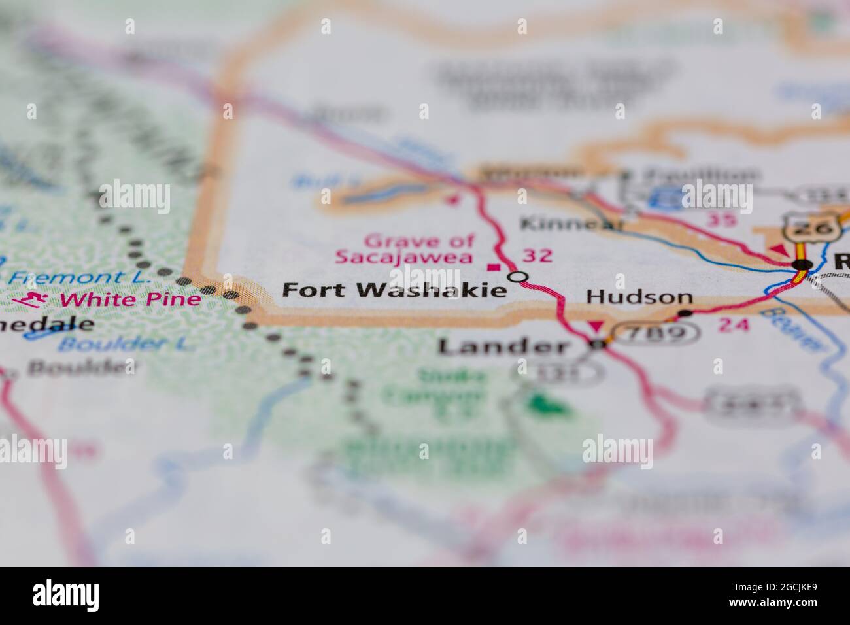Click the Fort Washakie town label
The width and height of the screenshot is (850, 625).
(x=394, y=290)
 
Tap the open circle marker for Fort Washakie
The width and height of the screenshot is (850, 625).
(x=518, y=277)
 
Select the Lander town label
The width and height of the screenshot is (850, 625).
(x=503, y=346)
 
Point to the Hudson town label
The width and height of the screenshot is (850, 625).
(x=639, y=296)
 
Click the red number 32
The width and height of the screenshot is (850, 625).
(x=537, y=256)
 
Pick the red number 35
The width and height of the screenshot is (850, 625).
(x=722, y=220)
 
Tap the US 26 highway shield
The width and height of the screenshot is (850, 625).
(x=804, y=227)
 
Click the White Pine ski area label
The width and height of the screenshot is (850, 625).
(x=130, y=300)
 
